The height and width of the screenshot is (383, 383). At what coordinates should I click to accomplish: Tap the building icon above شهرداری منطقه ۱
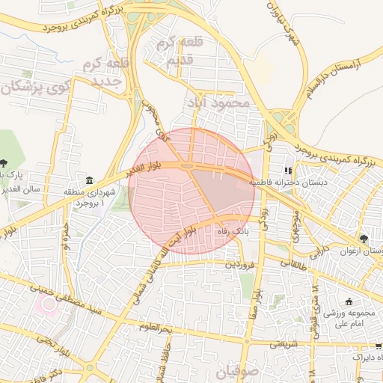tap(90, 181)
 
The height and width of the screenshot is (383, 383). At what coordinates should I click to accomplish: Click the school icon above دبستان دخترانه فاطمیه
tap(289, 171)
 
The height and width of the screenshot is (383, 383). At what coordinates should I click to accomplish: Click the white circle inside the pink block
tap(50, 304)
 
